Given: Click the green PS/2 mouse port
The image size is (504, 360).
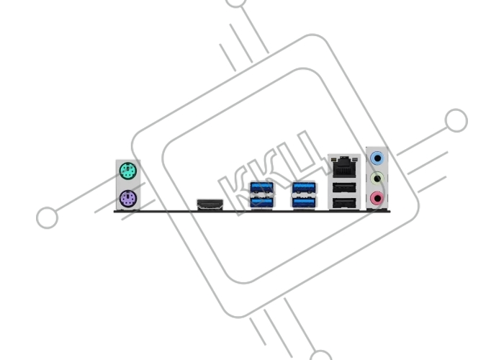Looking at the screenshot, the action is (x=128, y=171).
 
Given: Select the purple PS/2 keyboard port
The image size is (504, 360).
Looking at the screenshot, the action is (x=128, y=198).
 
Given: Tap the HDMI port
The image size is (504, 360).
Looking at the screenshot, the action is (x=210, y=204).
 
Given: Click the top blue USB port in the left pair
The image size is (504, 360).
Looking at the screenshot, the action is (x=262, y=187).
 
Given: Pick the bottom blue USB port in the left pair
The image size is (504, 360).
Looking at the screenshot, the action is (x=262, y=202).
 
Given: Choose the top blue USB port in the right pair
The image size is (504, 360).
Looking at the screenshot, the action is (x=304, y=187).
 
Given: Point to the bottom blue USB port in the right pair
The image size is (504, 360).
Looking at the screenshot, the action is (x=304, y=202).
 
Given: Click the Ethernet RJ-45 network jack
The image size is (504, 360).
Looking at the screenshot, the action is (x=344, y=166).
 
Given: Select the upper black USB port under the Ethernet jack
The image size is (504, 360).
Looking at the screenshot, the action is (x=344, y=188).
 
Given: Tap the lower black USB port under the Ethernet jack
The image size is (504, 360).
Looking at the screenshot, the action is (x=344, y=203).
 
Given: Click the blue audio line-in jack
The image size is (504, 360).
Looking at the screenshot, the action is (x=377, y=158).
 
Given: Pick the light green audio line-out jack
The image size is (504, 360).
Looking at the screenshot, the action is (x=377, y=179).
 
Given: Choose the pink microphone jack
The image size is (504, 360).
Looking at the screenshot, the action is (x=377, y=198).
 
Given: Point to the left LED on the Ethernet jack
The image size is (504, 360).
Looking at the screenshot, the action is (x=334, y=159).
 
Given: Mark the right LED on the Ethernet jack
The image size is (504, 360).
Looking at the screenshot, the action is (x=355, y=159).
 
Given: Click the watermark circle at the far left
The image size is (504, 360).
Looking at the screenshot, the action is (x=47, y=217).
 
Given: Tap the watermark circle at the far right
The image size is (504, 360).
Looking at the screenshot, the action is (x=456, y=120).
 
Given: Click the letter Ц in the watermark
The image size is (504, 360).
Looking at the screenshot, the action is (x=307, y=154).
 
